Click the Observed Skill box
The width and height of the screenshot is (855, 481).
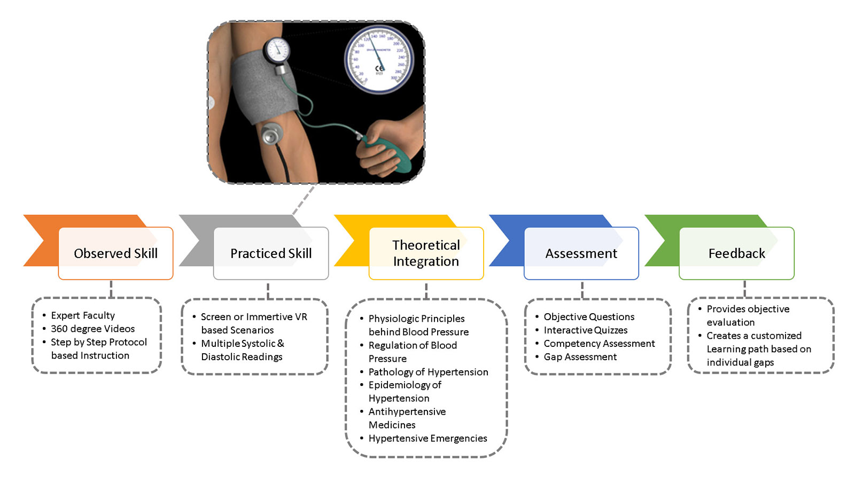(x=115, y=253)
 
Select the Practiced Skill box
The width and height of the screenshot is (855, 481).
(x=271, y=253)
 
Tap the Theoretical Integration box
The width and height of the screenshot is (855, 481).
(x=426, y=253)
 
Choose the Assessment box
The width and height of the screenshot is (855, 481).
(x=581, y=253)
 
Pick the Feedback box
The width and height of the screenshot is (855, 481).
(x=736, y=253)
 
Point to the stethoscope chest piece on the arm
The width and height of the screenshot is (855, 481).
(x=272, y=134)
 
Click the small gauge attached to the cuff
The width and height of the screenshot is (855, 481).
(x=277, y=50)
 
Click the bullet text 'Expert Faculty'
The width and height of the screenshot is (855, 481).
(x=83, y=315)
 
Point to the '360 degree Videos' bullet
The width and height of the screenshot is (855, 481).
(x=92, y=329)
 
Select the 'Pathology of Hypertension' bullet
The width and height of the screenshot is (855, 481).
(x=428, y=372)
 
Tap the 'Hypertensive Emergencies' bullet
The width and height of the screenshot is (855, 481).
(x=428, y=438)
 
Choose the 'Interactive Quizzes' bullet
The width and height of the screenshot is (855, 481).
(x=586, y=330)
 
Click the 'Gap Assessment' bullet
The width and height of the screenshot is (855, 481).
(x=580, y=357)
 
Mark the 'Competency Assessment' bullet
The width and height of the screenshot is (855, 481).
(x=599, y=344)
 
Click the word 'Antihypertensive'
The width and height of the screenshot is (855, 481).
(x=407, y=412)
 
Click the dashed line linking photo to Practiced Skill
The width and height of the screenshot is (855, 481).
(x=304, y=200)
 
